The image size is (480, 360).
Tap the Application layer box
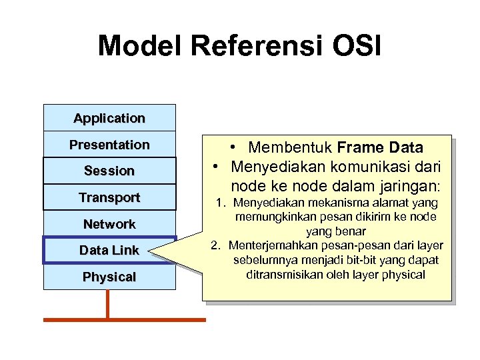click(x=109, y=118)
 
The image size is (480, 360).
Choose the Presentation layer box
click(x=109, y=145)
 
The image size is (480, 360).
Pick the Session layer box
click(x=109, y=171)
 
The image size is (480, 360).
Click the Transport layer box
click(x=109, y=197)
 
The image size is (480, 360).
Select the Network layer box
click(x=109, y=224)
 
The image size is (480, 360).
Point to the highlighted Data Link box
click(x=109, y=250)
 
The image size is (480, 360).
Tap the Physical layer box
click(x=109, y=277)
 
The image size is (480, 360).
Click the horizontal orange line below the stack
click(x=125, y=320)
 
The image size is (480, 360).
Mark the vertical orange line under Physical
click(x=107, y=304)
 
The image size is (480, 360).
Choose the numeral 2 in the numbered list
click(x=215, y=245)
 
